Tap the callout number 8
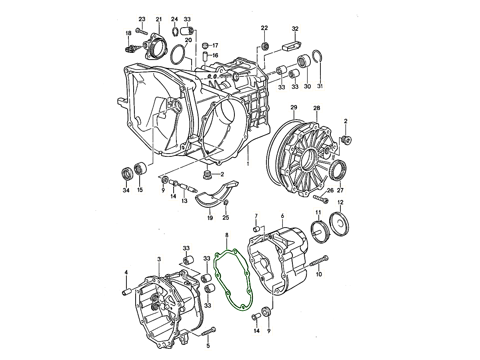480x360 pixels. (227, 235)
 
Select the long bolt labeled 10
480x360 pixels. (319, 261)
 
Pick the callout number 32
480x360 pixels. (295, 29)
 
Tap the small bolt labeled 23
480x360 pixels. (142, 32)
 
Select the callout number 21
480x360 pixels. (158, 19)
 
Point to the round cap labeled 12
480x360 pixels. (339, 224)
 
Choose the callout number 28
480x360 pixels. (316, 108)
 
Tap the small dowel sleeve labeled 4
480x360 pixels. (127, 292)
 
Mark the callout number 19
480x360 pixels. (210, 218)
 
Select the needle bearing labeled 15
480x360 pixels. (140, 168)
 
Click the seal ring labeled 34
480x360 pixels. (127, 174)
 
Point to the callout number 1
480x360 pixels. (248, 164)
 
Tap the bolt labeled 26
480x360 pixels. (321, 199)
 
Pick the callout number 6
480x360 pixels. (282, 216)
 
